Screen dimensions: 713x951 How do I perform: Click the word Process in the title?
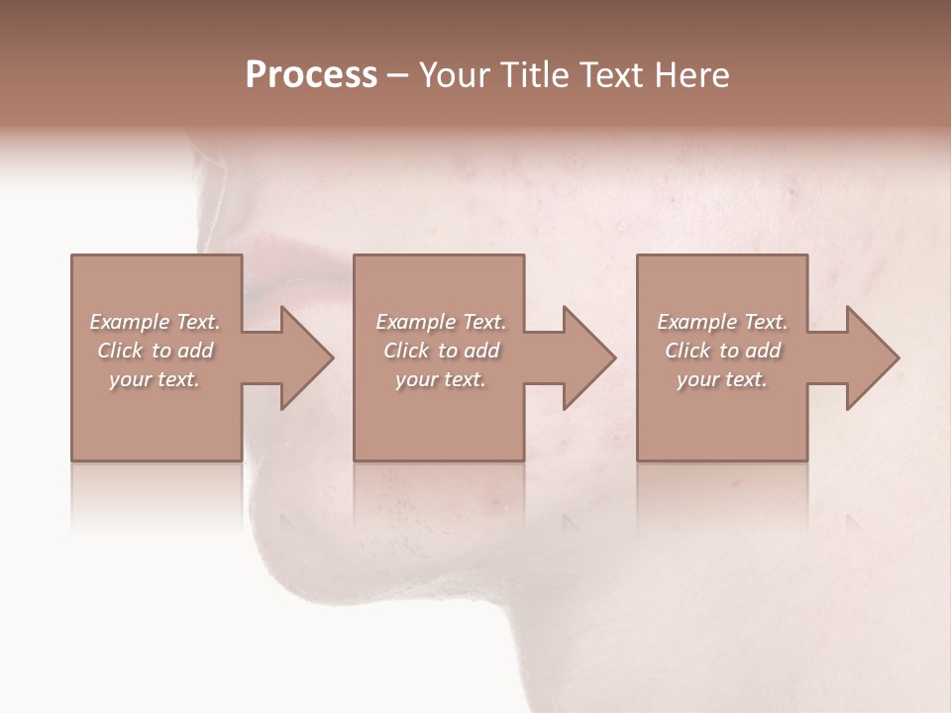(x=311, y=75)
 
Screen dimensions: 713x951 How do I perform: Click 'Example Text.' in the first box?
(x=155, y=322)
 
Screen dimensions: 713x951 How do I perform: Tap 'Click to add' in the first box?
(x=155, y=351)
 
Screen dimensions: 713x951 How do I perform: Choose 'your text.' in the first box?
(x=155, y=379)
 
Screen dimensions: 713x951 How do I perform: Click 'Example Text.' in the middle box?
(x=441, y=322)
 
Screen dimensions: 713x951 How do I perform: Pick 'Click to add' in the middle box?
(x=441, y=351)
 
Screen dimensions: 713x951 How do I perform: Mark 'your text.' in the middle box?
(x=441, y=379)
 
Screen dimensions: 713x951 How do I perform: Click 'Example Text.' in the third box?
(x=722, y=322)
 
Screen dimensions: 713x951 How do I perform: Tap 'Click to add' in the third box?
(x=722, y=351)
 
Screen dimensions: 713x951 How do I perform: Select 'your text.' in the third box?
(x=722, y=379)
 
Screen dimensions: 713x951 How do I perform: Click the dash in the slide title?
(x=398, y=76)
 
